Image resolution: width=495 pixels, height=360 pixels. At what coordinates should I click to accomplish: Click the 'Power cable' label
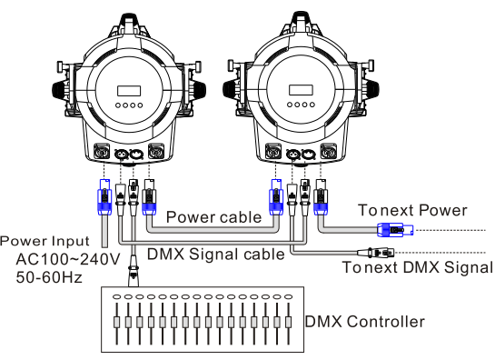click(213, 217)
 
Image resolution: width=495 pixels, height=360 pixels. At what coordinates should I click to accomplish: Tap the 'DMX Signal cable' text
click(216, 255)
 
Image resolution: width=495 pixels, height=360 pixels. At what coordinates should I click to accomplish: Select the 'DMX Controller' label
click(364, 322)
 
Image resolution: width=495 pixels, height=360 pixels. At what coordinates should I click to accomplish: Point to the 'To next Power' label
click(412, 210)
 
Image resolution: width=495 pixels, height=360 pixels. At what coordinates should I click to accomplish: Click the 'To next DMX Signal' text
click(418, 267)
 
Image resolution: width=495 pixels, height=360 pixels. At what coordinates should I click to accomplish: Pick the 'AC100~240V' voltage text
click(68, 259)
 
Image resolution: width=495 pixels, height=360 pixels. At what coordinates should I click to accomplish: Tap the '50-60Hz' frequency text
click(49, 277)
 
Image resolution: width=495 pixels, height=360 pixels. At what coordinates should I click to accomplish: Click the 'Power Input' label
click(45, 241)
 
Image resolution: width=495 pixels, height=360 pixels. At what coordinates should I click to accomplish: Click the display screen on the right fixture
click(301, 90)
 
